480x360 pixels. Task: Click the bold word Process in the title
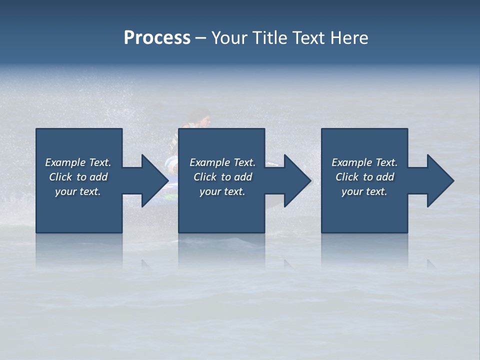[x=157, y=38]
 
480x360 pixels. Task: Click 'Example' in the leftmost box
[x=65, y=162]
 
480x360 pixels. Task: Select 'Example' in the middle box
[x=210, y=162]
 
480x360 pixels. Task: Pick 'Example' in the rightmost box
[x=352, y=162]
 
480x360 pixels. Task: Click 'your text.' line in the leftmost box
[x=78, y=191]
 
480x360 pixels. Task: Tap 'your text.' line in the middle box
[x=222, y=191]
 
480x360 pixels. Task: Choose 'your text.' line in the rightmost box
[x=364, y=191]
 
